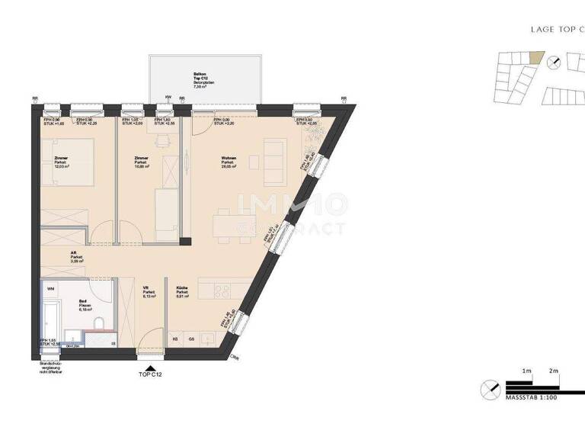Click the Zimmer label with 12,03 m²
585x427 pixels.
61,162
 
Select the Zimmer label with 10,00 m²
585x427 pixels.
141,162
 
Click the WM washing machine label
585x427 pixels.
50,289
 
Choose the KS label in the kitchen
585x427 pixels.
175,338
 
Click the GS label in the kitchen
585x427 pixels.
192,338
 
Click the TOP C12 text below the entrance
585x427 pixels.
149,374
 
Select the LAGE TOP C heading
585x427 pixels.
556,29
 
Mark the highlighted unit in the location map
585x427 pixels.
538,57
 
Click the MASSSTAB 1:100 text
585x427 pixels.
531,397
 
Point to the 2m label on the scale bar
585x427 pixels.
554,371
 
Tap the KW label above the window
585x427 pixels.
168,98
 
